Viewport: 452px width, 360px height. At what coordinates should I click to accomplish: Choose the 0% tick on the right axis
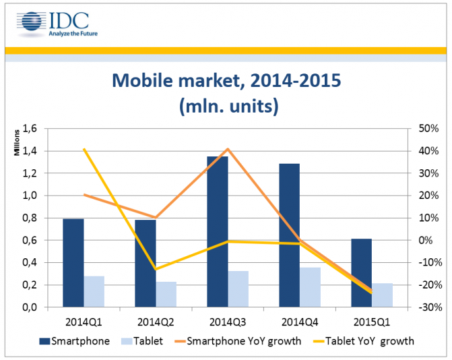click(431, 240)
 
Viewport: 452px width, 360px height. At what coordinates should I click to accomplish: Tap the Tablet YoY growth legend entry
click(370, 341)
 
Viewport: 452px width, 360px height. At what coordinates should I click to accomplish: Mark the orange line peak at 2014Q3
click(228, 149)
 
